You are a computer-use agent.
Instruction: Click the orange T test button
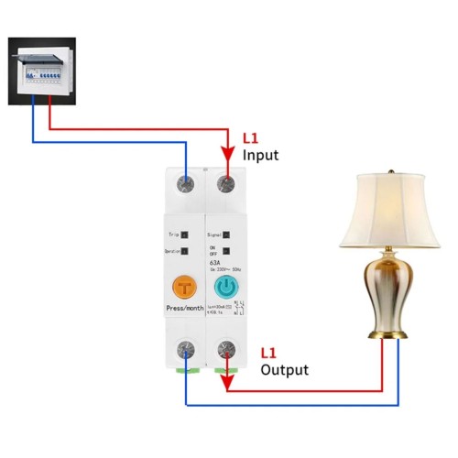(x=186, y=287)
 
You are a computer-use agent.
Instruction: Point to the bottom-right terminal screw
(x=224, y=351)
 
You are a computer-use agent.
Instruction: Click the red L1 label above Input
(x=251, y=139)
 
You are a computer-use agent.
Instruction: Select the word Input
(x=260, y=157)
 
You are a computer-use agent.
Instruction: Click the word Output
(x=284, y=370)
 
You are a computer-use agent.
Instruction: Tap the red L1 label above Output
(x=269, y=353)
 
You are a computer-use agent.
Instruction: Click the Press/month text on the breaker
(x=186, y=310)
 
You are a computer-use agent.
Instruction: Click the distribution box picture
(x=41, y=69)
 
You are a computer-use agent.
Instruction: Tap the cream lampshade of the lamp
(x=384, y=211)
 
